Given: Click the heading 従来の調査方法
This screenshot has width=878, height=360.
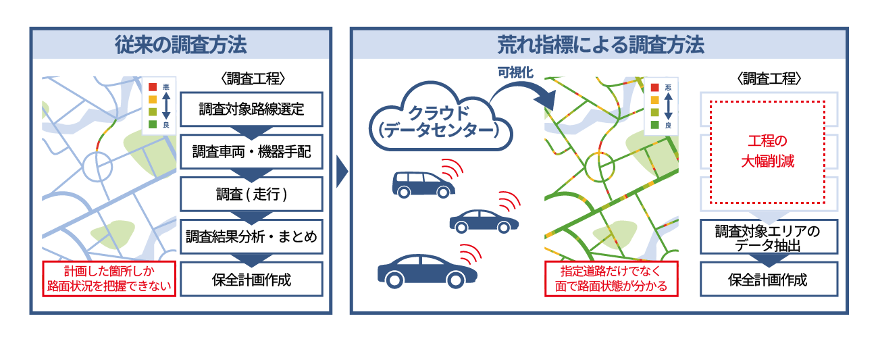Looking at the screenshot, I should pyautogui.click(x=180, y=45).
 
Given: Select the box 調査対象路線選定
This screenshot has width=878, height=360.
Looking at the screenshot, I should pyautogui.click(x=252, y=109).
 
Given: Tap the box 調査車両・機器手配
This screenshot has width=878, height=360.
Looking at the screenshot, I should pyautogui.click(x=252, y=152).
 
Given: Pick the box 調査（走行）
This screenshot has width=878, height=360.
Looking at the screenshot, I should pyautogui.click(x=252, y=195).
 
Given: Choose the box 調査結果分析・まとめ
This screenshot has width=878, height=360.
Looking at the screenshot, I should pyautogui.click(x=252, y=237).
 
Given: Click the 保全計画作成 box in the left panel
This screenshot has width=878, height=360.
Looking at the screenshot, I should pyautogui.click(x=252, y=279).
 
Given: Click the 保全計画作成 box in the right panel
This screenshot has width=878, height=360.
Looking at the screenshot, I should pyautogui.click(x=768, y=279).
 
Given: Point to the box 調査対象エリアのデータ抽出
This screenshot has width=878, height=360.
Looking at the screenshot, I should pyautogui.click(x=768, y=238).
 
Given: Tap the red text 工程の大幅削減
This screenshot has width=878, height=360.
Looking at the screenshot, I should pyautogui.click(x=767, y=153).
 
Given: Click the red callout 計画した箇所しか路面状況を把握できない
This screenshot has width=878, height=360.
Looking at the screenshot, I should pyautogui.click(x=108, y=279).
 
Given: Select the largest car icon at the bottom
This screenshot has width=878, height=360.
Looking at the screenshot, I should pyautogui.click(x=427, y=268).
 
